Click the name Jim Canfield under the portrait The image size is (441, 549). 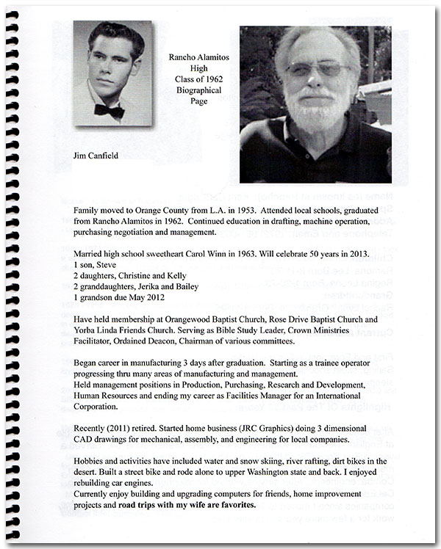(97, 156)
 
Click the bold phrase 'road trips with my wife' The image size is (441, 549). (177, 505)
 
